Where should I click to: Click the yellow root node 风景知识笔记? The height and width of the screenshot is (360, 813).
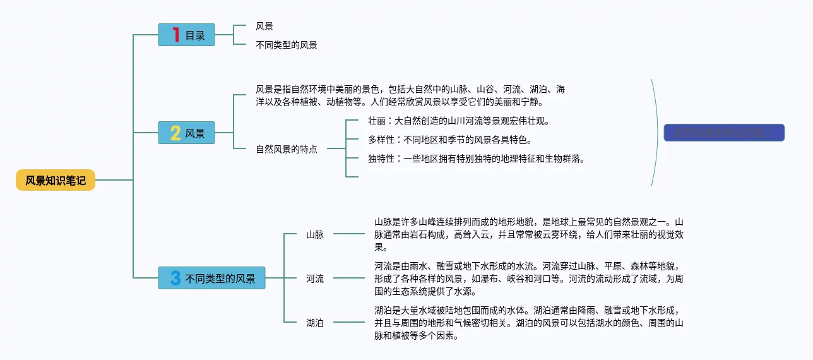(x=56, y=181)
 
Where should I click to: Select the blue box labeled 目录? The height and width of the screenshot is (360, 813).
(x=186, y=35)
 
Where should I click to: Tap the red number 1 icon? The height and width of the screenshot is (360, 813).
(x=176, y=35)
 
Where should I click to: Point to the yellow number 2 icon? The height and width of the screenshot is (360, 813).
(x=175, y=133)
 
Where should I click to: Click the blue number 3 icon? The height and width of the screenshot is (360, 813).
(x=175, y=278)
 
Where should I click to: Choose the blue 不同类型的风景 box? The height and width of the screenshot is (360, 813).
(x=211, y=278)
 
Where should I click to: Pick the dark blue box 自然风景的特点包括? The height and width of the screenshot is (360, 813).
(x=724, y=133)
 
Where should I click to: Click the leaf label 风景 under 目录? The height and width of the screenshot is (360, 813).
(x=264, y=26)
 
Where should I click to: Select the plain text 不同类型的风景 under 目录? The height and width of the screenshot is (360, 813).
(x=287, y=45)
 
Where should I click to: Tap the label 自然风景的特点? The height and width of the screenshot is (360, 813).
(x=287, y=150)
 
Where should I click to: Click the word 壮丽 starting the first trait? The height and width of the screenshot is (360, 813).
(x=376, y=121)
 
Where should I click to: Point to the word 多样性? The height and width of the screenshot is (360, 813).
(x=381, y=140)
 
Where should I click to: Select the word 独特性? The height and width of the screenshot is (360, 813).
(x=381, y=159)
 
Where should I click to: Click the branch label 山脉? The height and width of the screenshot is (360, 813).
(x=315, y=234)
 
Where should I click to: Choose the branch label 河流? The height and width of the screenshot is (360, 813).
(x=315, y=279)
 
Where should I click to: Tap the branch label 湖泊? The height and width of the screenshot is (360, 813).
(x=315, y=323)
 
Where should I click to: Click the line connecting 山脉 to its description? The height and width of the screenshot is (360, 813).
(x=348, y=234)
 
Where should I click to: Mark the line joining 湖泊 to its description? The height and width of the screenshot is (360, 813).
(x=348, y=322)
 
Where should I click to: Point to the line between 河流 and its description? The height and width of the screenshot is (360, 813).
(x=348, y=278)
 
